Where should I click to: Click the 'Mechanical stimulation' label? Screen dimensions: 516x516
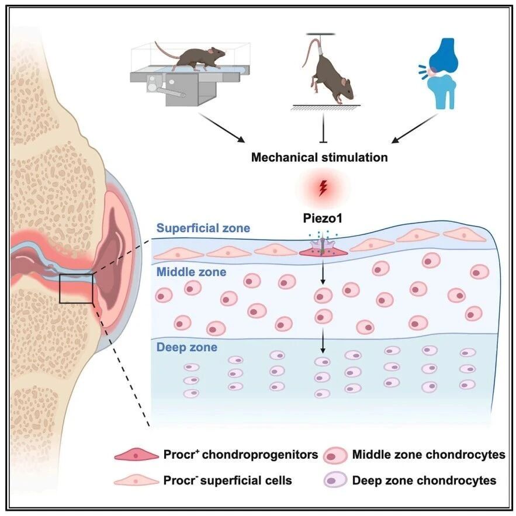tap(319, 157)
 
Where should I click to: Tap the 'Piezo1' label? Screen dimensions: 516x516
tap(323, 218)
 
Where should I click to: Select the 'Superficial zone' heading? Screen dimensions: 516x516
tap(203, 228)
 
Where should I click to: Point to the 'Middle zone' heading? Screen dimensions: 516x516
tap(191, 272)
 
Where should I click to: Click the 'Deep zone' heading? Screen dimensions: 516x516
tap(186, 347)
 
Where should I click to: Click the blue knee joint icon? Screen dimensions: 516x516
tap(439, 73)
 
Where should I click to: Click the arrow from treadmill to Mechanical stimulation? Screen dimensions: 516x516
tap(221, 128)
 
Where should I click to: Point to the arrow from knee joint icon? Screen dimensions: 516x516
tap(415, 129)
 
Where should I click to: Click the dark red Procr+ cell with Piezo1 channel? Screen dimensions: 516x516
tap(323, 251)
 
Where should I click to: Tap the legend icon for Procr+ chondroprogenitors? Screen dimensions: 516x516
tap(136, 455)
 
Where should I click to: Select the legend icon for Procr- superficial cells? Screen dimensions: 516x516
tap(136, 481)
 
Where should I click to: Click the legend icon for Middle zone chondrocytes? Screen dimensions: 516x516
tap(335, 456)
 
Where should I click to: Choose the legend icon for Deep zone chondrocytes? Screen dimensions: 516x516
tap(335, 480)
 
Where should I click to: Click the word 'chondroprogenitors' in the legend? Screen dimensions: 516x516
tap(260, 455)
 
